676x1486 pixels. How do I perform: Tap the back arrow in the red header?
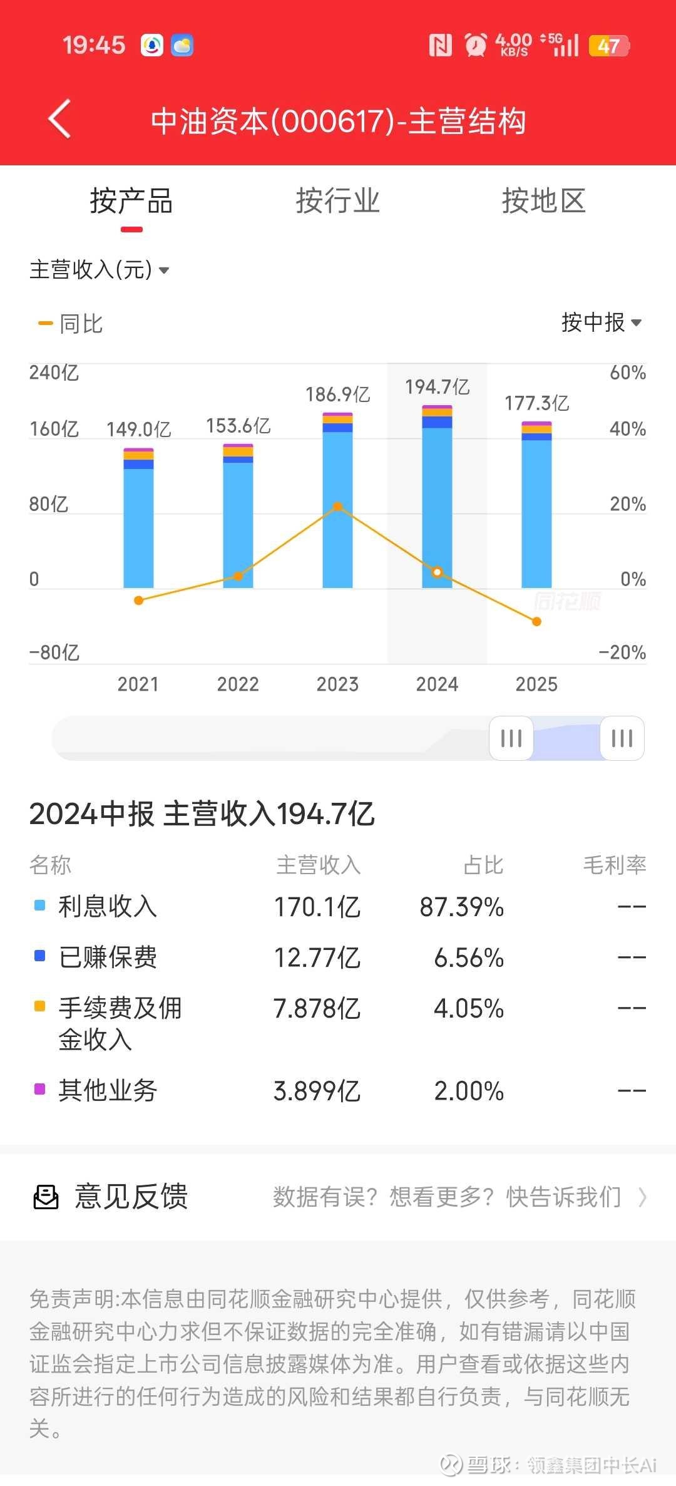pyautogui.click(x=60, y=118)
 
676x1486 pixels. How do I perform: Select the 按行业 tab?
pyautogui.click(x=337, y=202)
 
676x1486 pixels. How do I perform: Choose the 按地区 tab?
pyautogui.click(x=543, y=202)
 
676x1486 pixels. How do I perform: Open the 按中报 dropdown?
pyautogui.click(x=602, y=322)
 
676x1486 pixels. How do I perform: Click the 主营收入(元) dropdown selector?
pyautogui.click(x=99, y=270)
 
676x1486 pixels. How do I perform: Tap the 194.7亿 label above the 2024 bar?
pyautogui.click(x=437, y=387)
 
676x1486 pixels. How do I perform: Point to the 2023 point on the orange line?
pyautogui.click(x=337, y=507)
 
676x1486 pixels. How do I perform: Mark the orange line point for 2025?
pyautogui.click(x=536, y=622)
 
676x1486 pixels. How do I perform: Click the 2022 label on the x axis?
pyautogui.click(x=238, y=684)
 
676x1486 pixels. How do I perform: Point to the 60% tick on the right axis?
pyautogui.click(x=628, y=373)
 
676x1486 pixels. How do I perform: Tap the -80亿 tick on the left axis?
pyautogui.click(x=54, y=653)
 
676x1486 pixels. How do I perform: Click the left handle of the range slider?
pyautogui.click(x=511, y=738)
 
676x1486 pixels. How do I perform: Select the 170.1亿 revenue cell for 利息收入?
pyautogui.click(x=317, y=907)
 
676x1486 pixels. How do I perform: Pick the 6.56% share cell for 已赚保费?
pyautogui.click(x=469, y=957)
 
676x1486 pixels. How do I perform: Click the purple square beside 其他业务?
pyautogui.click(x=39, y=1089)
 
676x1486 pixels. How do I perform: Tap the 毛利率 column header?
pyautogui.click(x=614, y=865)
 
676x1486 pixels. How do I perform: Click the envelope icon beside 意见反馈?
pyautogui.click(x=46, y=1197)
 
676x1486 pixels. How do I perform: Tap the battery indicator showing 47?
pyautogui.click(x=609, y=46)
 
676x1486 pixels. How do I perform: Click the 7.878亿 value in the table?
pyautogui.click(x=317, y=1008)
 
